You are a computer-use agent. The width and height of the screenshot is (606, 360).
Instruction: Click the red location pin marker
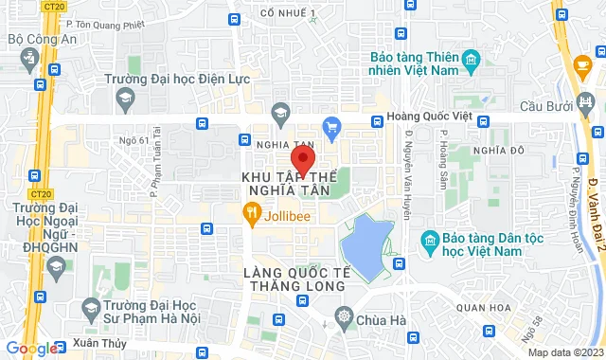302,157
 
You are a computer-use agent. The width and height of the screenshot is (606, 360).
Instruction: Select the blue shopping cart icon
331,125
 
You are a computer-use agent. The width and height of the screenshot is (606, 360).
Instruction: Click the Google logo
32,349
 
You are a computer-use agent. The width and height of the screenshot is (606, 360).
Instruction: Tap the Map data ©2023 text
564,352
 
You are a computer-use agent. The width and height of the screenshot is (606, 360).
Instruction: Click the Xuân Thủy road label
80,345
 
